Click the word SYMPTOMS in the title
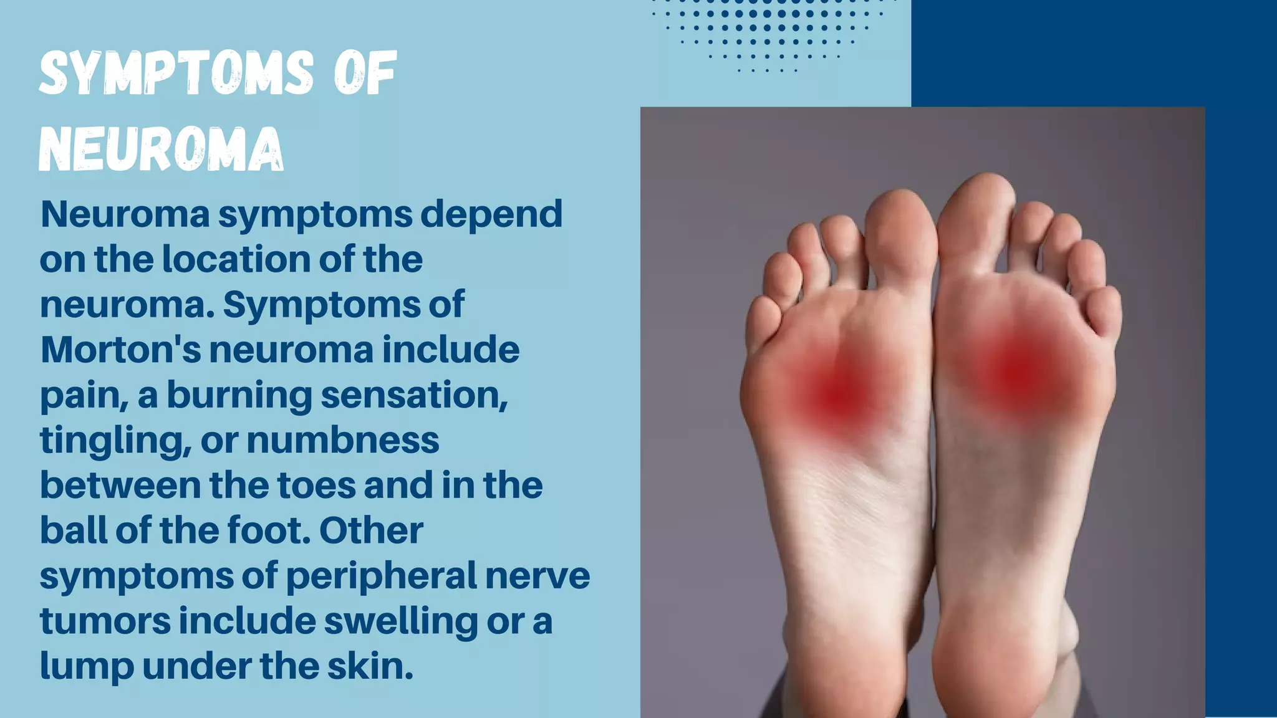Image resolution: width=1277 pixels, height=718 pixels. [176, 74]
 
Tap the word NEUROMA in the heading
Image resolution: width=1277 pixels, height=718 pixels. [161, 150]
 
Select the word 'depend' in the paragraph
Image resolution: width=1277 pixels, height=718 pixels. [491, 215]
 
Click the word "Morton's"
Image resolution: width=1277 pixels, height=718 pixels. [121, 350]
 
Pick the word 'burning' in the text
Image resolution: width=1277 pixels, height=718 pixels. [239, 396]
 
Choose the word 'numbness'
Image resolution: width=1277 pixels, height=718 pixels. [343, 440]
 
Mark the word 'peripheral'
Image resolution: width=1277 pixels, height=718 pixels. [381, 576]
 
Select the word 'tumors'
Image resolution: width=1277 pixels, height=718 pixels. [105, 621]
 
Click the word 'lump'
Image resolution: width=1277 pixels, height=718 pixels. [87, 666]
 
